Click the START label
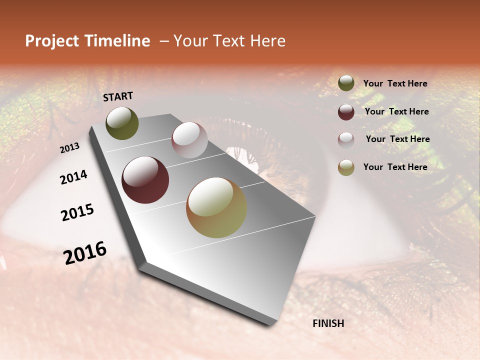(118, 96)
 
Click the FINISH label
(328, 323)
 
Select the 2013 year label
(70, 148)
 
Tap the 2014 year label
(73, 177)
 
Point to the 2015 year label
(77, 212)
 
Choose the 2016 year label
(85, 253)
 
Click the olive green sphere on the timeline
(122, 123)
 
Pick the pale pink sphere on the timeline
(189, 140)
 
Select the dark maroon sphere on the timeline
(145, 180)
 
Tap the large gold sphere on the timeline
(216, 207)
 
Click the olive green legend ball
(346, 83)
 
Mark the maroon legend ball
(346, 112)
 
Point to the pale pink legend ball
(346, 140)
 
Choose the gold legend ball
(346, 168)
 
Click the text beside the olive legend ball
(395, 83)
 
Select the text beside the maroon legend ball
(396, 111)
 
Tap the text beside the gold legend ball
(395, 167)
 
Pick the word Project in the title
(52, 41)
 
